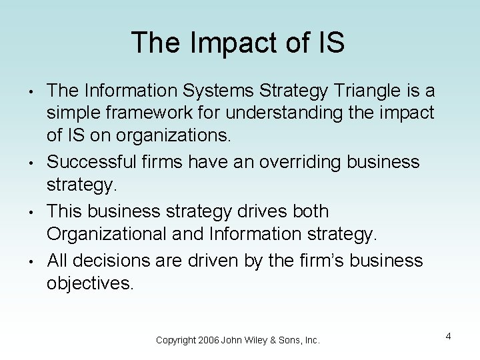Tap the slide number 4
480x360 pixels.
[449, 335]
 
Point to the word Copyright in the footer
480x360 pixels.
[176, 340]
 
